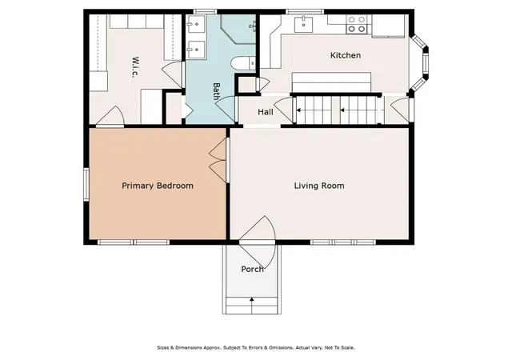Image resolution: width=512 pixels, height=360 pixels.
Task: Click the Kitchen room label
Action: [346, 55]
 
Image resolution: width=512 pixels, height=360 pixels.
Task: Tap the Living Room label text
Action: [319, 186]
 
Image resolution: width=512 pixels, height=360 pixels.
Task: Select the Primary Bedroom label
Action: [158, 186]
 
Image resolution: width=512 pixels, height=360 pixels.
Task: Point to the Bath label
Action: [216, 91]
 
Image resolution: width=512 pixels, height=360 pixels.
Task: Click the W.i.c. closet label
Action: [135, 67]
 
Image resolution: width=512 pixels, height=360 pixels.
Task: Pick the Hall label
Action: [266, 112]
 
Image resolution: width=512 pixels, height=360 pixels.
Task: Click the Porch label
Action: [252, 269]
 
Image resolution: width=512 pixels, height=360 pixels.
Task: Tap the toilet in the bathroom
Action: [243, 63]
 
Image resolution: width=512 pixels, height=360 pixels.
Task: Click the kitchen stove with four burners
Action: [356, 24]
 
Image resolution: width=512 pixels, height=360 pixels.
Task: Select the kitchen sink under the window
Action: [304, 24]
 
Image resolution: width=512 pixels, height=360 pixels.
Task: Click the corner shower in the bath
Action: [238, 29]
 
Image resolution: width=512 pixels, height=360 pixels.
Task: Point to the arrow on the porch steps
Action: [252, 301]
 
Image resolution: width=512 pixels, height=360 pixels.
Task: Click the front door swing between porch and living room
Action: [258, 242]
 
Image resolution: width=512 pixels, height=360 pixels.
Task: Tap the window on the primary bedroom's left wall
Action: [86, 184]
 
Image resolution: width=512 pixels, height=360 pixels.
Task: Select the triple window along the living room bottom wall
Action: [343, 242]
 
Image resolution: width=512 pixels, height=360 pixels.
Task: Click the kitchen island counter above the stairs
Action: [331, 82]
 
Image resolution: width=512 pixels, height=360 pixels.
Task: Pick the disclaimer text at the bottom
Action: [256, 347]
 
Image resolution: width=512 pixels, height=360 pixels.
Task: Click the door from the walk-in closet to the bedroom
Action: [110, 116]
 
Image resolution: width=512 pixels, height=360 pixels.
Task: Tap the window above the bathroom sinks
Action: [205, 12]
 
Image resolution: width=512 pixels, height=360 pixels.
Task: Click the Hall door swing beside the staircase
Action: [284, 110]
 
